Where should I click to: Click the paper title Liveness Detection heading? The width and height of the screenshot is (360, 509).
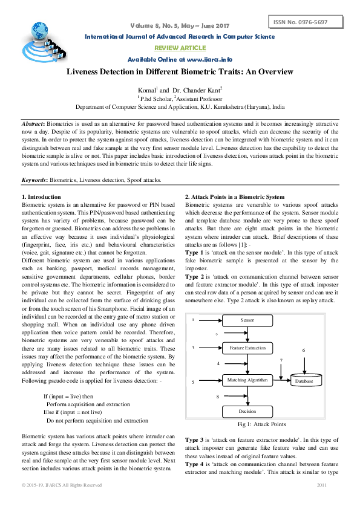180,72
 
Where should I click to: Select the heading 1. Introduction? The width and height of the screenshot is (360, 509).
41,197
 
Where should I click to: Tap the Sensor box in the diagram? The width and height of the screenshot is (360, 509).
247,319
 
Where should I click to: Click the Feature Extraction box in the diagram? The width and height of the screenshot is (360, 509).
248,348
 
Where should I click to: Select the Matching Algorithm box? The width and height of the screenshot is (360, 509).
248,380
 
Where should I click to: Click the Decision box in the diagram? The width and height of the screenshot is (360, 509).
248,411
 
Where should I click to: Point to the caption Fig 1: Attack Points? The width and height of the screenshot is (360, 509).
261,424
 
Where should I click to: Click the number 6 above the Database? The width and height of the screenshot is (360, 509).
303,351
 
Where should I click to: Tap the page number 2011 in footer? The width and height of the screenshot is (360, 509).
321,485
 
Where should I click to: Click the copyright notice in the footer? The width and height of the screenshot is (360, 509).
62,485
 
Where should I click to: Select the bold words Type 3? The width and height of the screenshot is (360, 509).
195,439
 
